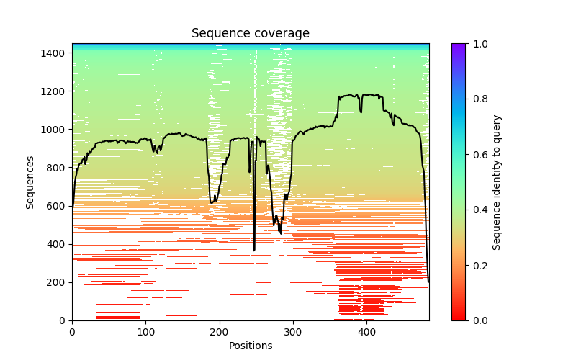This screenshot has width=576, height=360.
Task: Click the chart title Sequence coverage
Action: click(x=251, y=34)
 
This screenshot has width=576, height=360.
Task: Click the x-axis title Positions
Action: click(x=251, y=346)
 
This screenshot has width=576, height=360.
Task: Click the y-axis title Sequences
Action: click(x=30, y=181)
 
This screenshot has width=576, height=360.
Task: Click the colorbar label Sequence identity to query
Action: click(x=497, y=181)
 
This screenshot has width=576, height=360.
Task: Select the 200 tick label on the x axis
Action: click(x=219, y=332)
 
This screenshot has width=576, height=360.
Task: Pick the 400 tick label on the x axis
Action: click(x=366, y=332)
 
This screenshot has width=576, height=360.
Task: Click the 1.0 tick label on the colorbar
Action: click(x=476, y=44)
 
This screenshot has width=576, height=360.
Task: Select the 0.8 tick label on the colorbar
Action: click(x=476, y=99)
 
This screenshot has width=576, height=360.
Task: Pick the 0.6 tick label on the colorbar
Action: click(x=476, y=155)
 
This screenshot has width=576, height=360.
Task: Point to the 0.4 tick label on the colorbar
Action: click(x=476, y=210)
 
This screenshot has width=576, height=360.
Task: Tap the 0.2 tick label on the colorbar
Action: click(x=476, y=265)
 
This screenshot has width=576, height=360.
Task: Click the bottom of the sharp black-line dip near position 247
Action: click(x=254, y=250)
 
